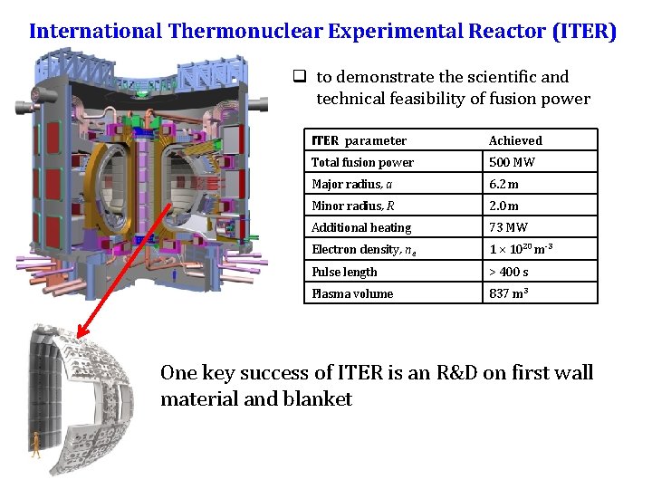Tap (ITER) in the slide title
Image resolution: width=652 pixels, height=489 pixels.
[x=581, y=31]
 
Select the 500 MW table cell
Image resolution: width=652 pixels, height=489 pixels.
[x=512, y=163]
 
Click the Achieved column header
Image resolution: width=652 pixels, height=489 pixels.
[x=515, y=140]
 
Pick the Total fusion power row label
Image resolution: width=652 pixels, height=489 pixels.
[x=362, y=163]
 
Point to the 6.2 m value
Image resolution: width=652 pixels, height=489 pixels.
[x=503, y=185]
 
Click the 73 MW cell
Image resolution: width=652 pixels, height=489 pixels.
[x=508, y=228]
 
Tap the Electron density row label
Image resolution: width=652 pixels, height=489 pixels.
[x=355, y=250]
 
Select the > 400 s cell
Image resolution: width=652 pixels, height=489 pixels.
[x=509, y=272]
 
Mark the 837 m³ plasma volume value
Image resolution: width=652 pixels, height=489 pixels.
[x=508, y=293]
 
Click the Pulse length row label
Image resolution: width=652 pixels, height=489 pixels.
[x=344, y=272]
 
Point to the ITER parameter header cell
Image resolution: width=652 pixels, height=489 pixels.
[x=359, y=140]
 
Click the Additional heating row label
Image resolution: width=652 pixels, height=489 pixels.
[x=360, y=228]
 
